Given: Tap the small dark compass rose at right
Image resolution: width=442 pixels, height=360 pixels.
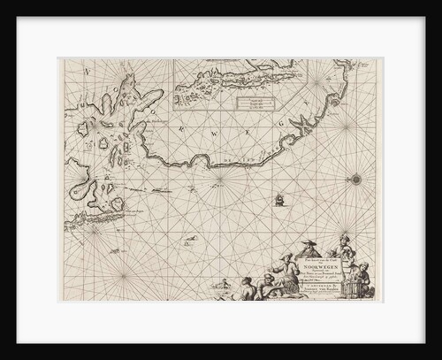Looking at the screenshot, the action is (356, 180).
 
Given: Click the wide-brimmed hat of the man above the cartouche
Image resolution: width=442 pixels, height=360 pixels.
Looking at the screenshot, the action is (309, 242).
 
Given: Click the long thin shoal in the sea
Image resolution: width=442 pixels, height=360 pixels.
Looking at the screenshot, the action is (149, 188).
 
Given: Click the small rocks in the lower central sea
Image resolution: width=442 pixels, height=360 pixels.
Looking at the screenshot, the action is (189, 239).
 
